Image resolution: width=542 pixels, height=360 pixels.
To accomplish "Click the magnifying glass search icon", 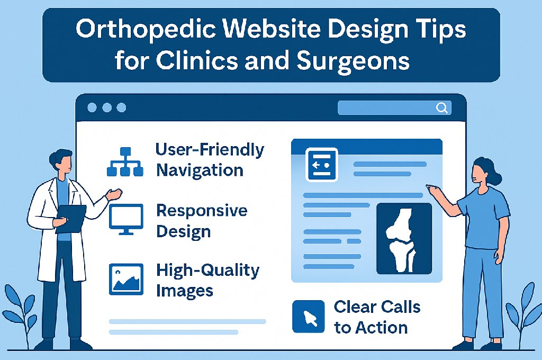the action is [x=442, y=108].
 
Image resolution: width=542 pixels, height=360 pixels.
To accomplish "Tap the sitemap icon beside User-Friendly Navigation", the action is [x=125, y=162].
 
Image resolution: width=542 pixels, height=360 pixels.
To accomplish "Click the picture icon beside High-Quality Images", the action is [x=126, y=280].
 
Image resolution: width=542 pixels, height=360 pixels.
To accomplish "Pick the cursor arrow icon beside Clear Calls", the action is [x=309, y=317].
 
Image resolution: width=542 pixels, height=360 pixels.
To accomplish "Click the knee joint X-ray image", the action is [x=404, y=239].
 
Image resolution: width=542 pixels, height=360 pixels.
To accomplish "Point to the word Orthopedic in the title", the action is [x=148, y=30].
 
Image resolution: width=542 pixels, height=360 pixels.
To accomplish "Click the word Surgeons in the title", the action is [x=353, y=61].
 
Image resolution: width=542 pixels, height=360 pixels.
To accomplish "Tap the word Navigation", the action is [x=200, y=170].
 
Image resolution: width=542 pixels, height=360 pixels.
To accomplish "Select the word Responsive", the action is [x=202, y=211].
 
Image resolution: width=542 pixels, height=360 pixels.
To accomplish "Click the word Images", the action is [x=185, y=291].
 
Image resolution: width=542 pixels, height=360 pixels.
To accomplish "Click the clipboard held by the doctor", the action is [x=71, y=219].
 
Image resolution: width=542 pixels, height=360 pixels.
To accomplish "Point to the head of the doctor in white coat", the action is [x=61, y=163].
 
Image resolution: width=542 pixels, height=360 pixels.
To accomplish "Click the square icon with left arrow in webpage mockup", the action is [x=322, y=165].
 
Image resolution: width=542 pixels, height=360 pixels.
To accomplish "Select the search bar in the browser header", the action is [x=394, y=108].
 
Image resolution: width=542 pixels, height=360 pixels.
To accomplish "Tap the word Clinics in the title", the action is [x=197, y=61].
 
